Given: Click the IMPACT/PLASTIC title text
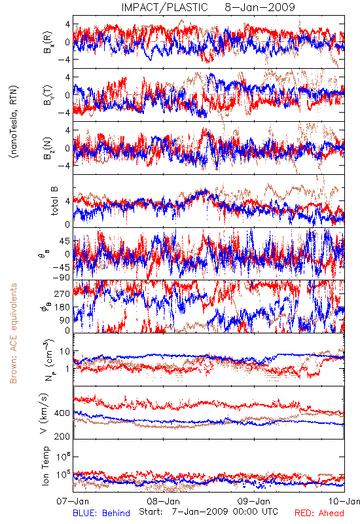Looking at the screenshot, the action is tap(164, 7).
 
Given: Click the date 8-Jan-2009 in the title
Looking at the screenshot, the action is tap(260, 7).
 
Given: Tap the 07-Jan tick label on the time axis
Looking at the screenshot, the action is tap(73, 501).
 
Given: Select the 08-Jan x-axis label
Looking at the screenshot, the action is tap(163, 501).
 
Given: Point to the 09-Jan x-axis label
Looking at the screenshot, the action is tap(254, 501).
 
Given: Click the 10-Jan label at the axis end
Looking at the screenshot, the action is tap(344, 501).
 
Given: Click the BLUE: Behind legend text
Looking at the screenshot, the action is tap(101, 513).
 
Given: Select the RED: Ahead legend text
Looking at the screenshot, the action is tap(319, 513).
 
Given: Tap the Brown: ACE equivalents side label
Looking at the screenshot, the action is tap(13, 333).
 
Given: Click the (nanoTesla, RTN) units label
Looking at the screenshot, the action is tap(14, 121).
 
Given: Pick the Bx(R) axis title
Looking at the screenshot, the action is tap(48, 43).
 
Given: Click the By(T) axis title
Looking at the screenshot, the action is tap(48, 95).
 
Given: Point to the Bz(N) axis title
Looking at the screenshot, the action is tap(48, 148).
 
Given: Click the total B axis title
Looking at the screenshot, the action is tap(54, 201).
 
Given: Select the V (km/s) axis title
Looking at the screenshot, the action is tap(45, 413).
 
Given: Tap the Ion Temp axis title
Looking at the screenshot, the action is tap(45, 466).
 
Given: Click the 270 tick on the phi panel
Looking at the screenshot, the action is tap(62, 293).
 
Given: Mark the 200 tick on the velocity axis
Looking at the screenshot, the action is tap(62, 436).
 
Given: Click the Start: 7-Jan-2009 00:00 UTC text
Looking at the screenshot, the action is tap(208, 512).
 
